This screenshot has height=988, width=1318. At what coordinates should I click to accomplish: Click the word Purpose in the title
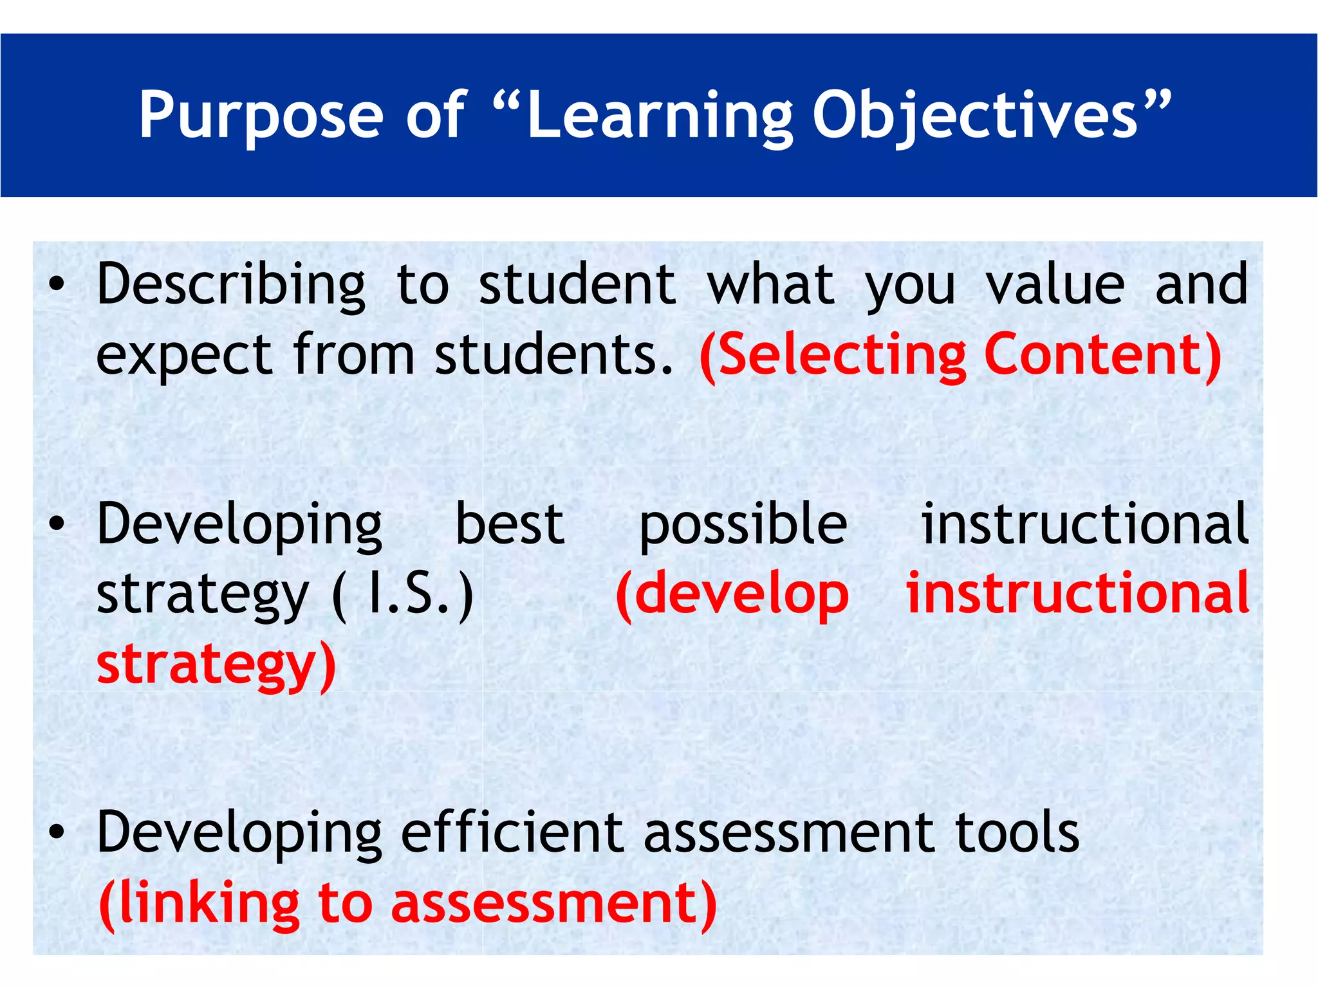[261, 116]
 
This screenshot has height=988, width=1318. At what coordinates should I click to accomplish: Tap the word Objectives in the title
[975, 116]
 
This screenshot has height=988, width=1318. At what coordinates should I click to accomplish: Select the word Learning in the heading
[659, 116]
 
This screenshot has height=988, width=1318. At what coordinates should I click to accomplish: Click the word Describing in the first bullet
[230, 285]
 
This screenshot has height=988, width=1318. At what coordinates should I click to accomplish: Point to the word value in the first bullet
[1055, 285]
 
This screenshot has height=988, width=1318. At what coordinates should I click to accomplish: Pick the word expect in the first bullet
[183, 356]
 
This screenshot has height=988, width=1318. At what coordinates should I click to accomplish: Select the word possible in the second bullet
[743, 526]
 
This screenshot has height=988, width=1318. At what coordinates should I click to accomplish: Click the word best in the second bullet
[510, 524]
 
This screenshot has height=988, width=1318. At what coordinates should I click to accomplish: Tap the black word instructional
[1085, 524]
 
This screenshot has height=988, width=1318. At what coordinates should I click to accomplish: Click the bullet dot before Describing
[57, 285]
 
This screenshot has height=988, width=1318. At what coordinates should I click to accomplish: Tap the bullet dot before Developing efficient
[57, 833]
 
